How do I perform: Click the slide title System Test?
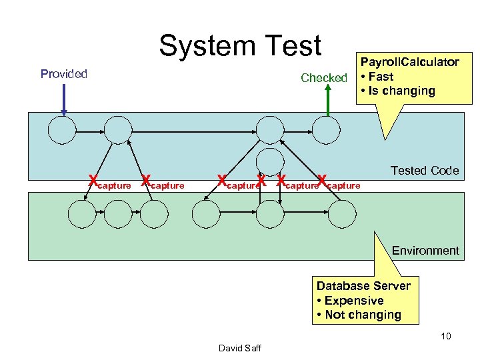click(239, 46)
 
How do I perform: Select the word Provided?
click(64, 74)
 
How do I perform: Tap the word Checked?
click(324, 78)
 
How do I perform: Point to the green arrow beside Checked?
click(327, 101)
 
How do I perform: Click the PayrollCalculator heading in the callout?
click(409, 62)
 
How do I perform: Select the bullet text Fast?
click(380, 77)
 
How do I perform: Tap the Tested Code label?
click(425, 171)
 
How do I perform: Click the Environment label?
click(425, 251)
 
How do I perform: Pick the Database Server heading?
click(363, 286)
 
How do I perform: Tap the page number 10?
click(445, 336)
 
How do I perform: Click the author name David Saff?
click(239, 347)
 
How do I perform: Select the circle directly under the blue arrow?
click(62, 130)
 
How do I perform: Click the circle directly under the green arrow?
click(327, 130)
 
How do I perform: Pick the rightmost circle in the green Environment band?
click(342, 213)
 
